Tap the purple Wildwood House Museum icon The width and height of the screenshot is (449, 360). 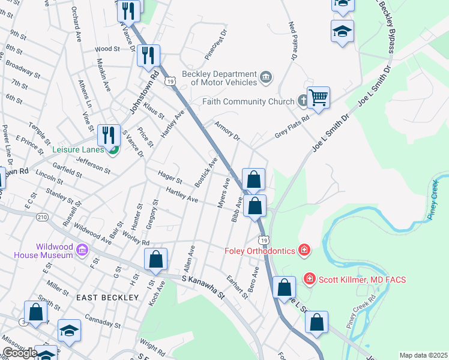pos(83,250)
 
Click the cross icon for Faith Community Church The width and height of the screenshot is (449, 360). pos(304,101)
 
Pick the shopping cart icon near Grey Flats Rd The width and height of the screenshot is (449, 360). pos(318,97)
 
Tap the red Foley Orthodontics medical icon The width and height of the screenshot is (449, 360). pos(304,250)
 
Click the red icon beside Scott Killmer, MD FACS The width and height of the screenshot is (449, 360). pos(309,278)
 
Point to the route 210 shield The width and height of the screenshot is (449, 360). pos(41,217)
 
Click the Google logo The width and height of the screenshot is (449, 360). pos(19,353)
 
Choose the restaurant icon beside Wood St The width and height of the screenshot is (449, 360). pos(147,56)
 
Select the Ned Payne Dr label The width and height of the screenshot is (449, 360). pos(293,41)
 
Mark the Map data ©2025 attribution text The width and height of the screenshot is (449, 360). pos(423,355)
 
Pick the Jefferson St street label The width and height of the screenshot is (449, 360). pos(93,165)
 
